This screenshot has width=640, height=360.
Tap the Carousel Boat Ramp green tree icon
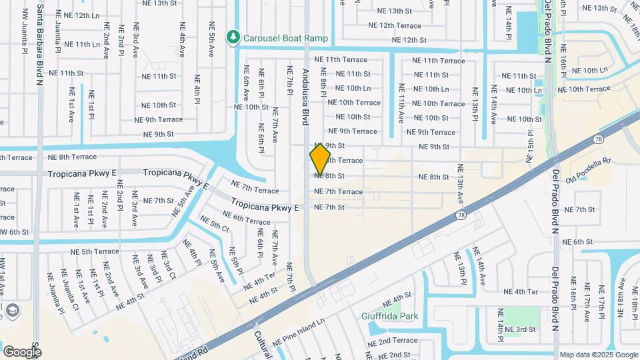pyautogui.click(x=233, y=38)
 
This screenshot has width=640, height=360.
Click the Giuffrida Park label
pyautogui.click(x=389, y=315)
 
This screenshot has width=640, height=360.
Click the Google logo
pyautogui.click(x=22, y=351)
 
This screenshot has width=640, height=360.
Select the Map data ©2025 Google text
pyautogui.click(x=599, y=355)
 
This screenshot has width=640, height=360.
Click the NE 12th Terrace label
pyautogui.click(x=395, y=26)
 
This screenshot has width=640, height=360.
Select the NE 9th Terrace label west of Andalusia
pyautogui.click(x=158, y=120)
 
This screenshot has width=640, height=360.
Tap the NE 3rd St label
pyautogui.click(x=520, y=329)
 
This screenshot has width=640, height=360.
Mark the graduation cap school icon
pyautogui.click(x=12, y=310)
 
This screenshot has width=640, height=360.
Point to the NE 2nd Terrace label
pyautogui.click(x=393, y=341)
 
